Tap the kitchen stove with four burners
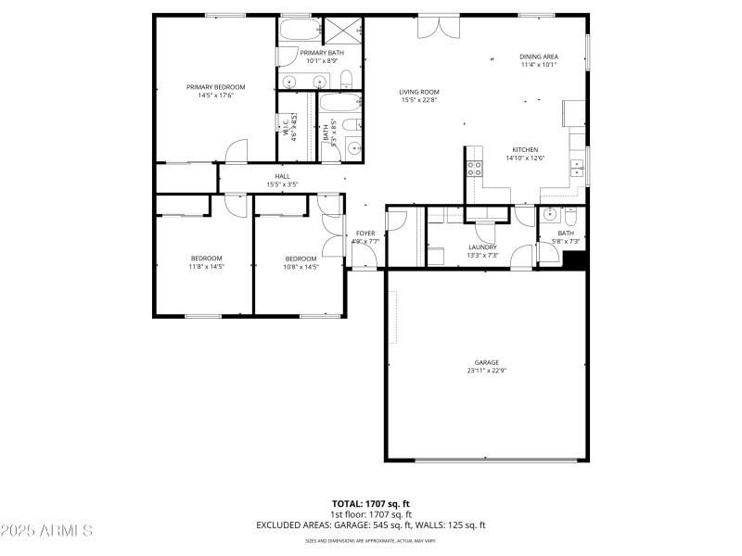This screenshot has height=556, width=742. coord(474,168)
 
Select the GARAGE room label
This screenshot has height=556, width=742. coord(487,362)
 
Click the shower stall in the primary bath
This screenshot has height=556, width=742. coord(335,30)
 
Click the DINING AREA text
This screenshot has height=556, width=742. coord(538,57)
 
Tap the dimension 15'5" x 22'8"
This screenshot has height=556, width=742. coord(419,100)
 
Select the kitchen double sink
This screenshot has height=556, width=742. coord(578,168)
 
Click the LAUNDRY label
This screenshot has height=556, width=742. coord(482,246)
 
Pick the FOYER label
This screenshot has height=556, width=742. coord(365,234)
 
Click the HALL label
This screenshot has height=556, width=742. coord(282,176)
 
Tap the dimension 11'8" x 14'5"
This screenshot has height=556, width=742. coord(206,267)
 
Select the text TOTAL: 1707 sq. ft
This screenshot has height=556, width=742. coord(370,503)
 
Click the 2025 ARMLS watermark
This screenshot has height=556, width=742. coord(46,531)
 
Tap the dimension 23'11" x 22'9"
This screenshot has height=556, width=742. coord(487,371)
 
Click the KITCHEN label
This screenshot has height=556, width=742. coord(525,149)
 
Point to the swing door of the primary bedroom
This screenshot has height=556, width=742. coord(237,151)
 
